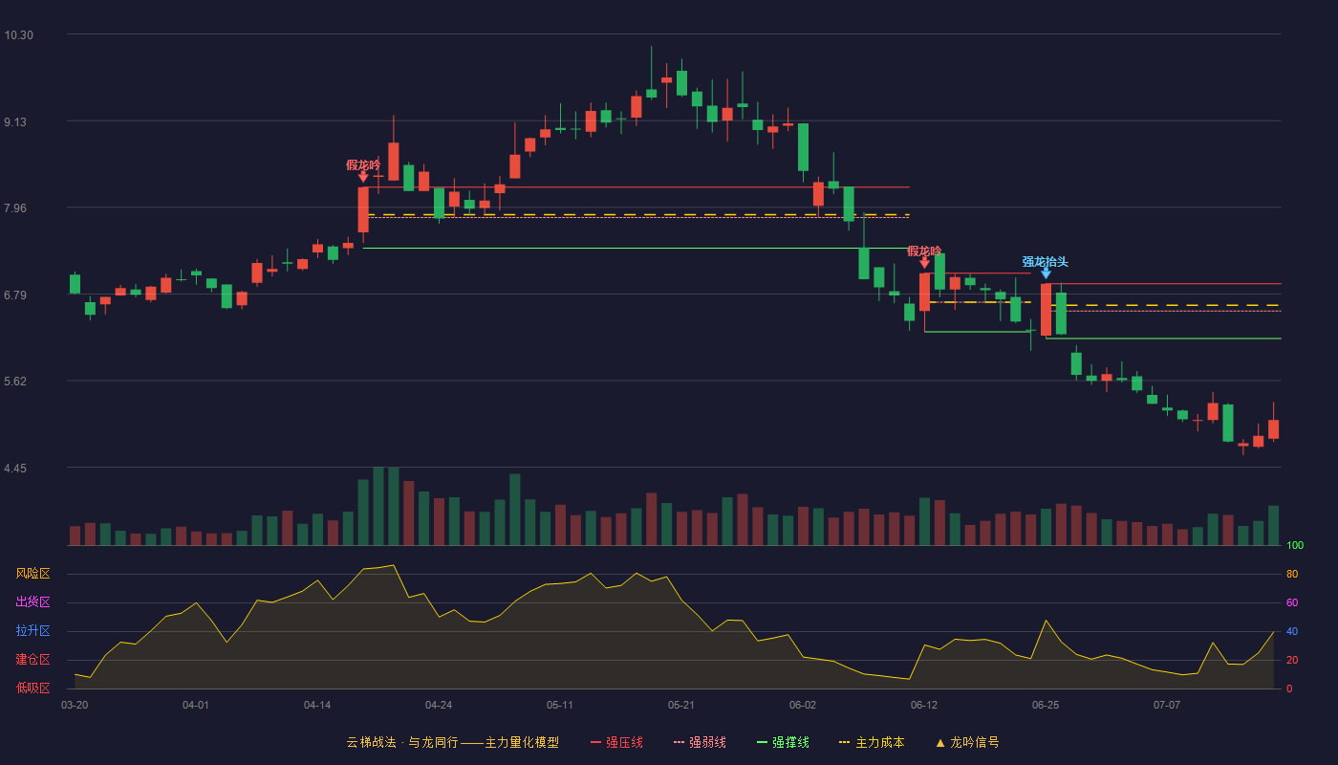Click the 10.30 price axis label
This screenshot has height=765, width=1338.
point(18,35)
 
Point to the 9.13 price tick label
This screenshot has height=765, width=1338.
point(15,122)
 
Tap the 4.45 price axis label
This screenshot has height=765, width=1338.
point(15,468)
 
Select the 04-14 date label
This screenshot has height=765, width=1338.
point(317,706)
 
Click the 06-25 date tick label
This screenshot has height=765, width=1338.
point(1046,706)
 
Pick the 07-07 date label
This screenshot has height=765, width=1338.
point(1167,706)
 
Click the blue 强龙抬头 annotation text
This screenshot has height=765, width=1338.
point(1046,261)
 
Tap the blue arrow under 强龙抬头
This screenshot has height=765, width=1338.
point(1046,273)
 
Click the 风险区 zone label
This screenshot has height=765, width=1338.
point(32,573)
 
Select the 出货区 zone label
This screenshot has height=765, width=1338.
point(32,601)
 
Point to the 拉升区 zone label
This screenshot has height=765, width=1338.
point(32,630)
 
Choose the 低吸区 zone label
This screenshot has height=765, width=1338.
point(32,688)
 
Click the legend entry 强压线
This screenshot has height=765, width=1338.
point(616,742)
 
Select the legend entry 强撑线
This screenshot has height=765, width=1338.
point(783,742)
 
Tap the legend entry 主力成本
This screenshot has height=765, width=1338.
point(872,742)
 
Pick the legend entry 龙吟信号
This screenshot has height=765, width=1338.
point(967,742)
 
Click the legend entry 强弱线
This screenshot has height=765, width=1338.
point(700,742)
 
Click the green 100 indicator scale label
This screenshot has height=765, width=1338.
point(1295,545)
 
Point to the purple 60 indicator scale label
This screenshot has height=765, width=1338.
point(1292,602)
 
